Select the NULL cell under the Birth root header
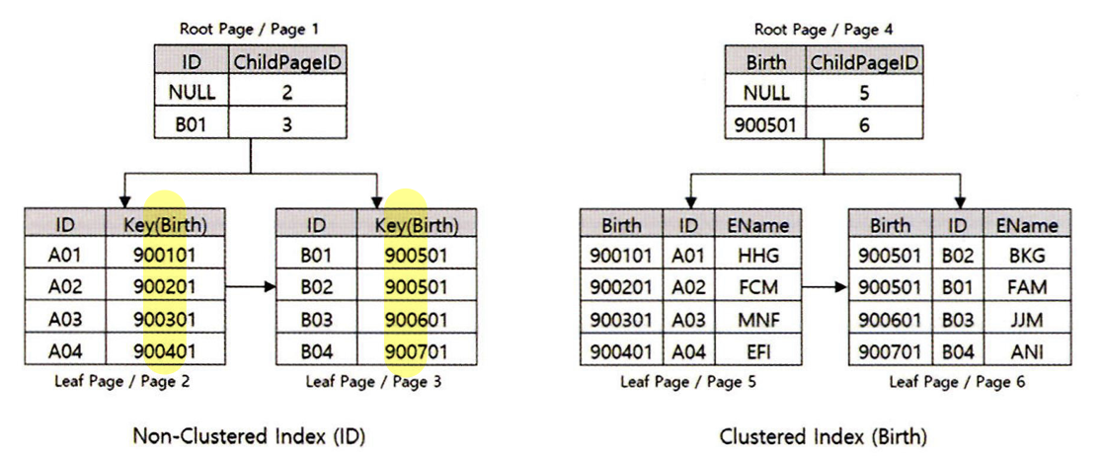click(x=765, y=92)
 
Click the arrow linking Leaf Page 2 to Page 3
click(x=252, y=288)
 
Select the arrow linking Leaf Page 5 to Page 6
click(x=825, y=288)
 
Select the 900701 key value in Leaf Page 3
click(x=417, y=350)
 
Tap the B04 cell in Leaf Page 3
click(x=317, y=350)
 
